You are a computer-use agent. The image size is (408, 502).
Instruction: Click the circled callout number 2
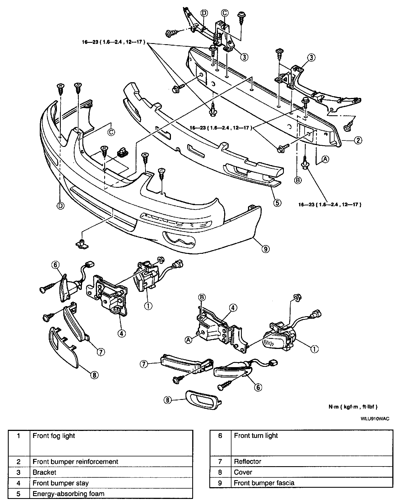click(x=358, y=140)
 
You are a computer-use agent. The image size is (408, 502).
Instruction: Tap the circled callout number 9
click(x=266, y=248)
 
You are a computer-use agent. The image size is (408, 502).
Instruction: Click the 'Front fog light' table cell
click(x=54, y=436)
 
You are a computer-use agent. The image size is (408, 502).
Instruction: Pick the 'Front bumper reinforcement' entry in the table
click(x=75, y=461)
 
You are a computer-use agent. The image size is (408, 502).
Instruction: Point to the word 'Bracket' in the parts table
click(x=45, y=472)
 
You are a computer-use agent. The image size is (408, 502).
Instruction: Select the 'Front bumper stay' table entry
click(x=61, y=483)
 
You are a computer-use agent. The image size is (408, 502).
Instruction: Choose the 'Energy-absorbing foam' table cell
click(x=68, y=494)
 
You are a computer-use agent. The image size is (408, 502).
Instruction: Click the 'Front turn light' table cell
click(x=256, y=436)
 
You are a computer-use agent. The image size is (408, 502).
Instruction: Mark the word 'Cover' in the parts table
click(x=243, y=472)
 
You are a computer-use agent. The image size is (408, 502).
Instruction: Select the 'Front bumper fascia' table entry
click(x=264, y=483)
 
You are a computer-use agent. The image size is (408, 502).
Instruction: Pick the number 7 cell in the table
click(x=220, y=461)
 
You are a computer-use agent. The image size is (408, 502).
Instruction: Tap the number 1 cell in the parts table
click(x=19, y=436)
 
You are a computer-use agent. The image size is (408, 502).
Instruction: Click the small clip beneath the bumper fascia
click(x=82, y=244)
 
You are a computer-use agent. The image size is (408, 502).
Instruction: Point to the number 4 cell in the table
click(x=19, y=483)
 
